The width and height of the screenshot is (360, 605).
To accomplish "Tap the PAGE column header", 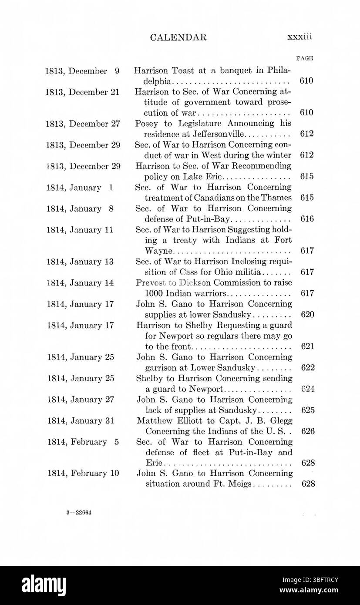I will [x=305, y=58].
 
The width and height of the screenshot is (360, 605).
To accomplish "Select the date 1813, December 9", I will [x=82, y=71].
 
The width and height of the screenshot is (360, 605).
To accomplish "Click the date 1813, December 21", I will [x=82, y=92].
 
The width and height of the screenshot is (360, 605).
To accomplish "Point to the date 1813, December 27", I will [x=82, y=124].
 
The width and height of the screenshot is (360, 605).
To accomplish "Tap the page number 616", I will [x=307, y=219].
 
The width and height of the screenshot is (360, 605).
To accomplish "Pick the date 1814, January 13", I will [x=80, y=262].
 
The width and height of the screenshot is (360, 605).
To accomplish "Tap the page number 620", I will [x=307, y=314].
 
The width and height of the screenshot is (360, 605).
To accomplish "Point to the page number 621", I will [x=307, y=346].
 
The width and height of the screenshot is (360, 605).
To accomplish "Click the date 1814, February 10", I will [x=83, y=474].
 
